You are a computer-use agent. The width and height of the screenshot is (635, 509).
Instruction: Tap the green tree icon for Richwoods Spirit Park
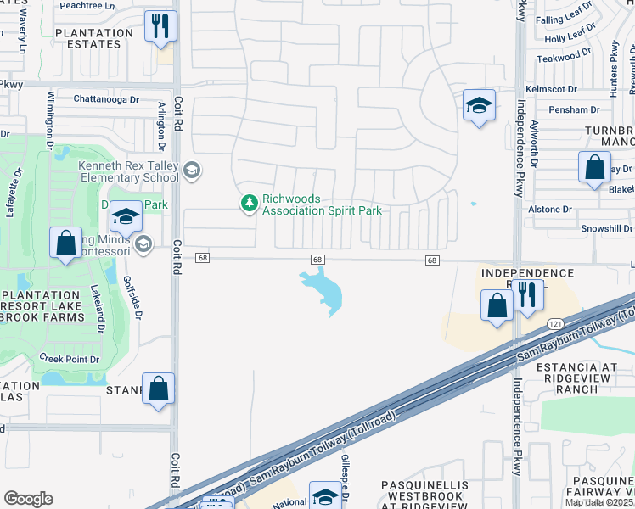pyautogui.click(x=249, y=203)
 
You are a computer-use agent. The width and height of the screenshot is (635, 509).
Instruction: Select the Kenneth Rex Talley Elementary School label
pyautogui.click(x=129, y=172)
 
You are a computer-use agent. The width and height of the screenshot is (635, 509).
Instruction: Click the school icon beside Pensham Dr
pyautogui.click(x=479, y=106)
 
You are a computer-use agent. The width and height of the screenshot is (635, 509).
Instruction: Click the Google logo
pyautogui.click(x=28, y=498)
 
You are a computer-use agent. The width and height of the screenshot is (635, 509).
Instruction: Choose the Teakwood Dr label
pyautogui.click(x=562, y=54)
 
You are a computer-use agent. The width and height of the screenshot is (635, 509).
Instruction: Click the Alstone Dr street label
pyautogui.click(x=550, y=209)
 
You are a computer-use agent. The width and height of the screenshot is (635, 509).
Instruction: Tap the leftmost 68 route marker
pyautogui.click(x=201, y=258)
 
